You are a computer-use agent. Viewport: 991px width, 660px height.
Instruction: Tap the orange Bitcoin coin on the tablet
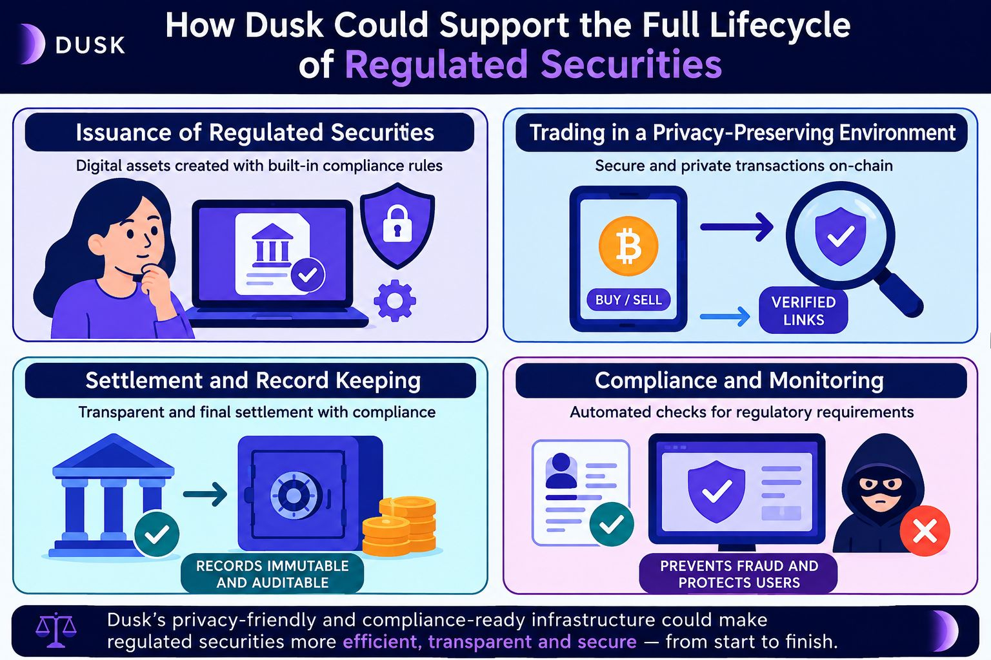pyautogui.click(x=628, y=246)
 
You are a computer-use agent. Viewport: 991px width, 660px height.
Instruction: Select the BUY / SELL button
pyautogui.click(x=628, y=300)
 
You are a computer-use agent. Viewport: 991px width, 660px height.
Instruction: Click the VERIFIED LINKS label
pyautogui.click(x=803, y=311)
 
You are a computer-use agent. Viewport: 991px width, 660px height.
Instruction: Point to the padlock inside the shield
pyautogui.click(x=397, y=223)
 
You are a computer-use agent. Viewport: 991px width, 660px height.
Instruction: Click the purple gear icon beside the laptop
pyautogui.click(x=395, y=300)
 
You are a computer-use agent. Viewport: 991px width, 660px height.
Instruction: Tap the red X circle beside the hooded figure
pyautogui.click(x=925, y=530)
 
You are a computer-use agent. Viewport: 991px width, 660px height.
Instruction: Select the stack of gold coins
pyautogui.click(x=399, y=526)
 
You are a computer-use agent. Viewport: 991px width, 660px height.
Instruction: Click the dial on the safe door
pyautogui.click(x=292, y=494)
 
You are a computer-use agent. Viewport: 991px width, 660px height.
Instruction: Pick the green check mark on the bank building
pyautogui.click(x=157, y=534)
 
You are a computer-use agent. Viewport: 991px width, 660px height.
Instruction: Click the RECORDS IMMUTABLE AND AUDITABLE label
pyautogui.click(x=272, y=574)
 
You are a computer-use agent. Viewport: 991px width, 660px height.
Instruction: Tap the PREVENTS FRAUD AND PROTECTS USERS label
pyautogui.click(x=739, y=574)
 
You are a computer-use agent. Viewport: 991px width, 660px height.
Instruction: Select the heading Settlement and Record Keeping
pyautogui.click(x=253, y=380)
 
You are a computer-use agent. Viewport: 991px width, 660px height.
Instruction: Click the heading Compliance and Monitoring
pyautogui.click(x=739, y=380)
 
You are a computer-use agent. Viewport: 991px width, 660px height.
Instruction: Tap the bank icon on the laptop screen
pyautogui.click(x=272, y=243)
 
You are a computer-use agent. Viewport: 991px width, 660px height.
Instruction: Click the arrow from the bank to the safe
pyautogui.click(x=205, y=494)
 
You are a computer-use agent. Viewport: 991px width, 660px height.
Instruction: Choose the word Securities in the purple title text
pyautogui.click(x=632, y=64)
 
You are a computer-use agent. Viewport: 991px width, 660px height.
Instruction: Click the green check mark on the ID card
pyautogui.click(x=612, y=524)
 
